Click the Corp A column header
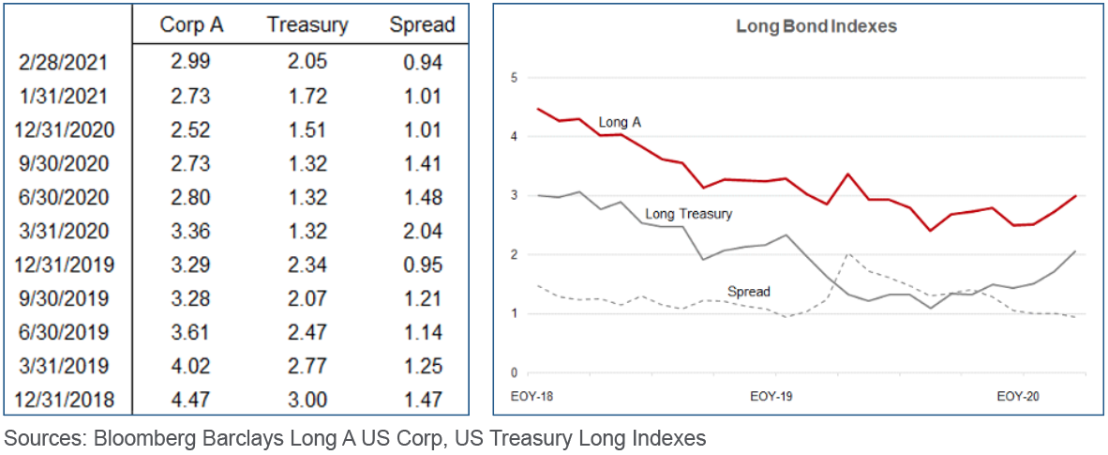[x=190, y=24]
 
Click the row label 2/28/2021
[x=64, y=63]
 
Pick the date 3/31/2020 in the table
[x=64, y=231]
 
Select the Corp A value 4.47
[x=190, y=400]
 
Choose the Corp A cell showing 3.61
[x=190, y=332]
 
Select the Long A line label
[x=620, y=122]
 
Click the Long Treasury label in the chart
[x=689, y=214]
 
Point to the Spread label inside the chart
[x=749, y=291]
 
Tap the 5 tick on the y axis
[x=513, y=78]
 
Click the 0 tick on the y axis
[x=513, y=373]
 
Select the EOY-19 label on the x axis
[x=771, y=397]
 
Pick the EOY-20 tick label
[x=1017, y=397]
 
